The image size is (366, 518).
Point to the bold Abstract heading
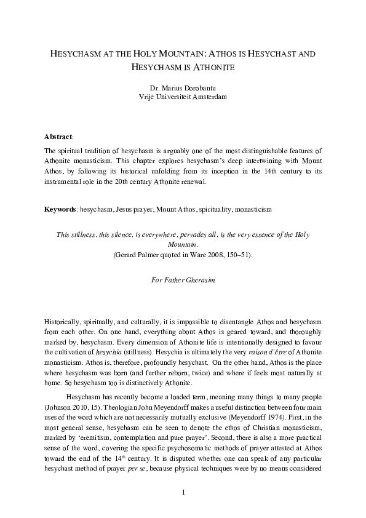(x=58, y=136)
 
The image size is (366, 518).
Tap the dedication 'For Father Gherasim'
(x=183, y=281)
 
